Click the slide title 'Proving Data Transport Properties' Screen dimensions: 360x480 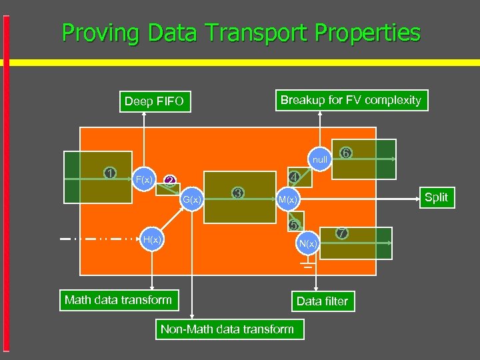pyautogui.click(x=241, y=33)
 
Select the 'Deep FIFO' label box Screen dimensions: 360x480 pyautogui.click(x=154, y=102)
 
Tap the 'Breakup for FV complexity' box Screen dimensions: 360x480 pyautogui.click(x=351, y=100)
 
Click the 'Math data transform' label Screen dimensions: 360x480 pyautogui.click(x=118, y=300)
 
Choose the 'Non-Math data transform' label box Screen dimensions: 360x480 pyautogui.click(x=227, y=329)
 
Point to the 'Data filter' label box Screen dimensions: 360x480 pyautogui.click(x=322, y=301)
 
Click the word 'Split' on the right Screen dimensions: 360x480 pyautogui.click(x=436, y=197)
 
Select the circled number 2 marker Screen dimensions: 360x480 pyautogui.click(x=170, y=180)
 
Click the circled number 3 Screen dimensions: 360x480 pyautogui.click(x=237, y=193)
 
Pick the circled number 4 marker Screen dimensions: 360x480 pyautogui.click(x=293, y=177)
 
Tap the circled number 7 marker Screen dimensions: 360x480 pyautogui.click(x=341, y=233)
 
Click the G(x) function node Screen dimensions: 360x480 pyautogui.click(x=192, y=199)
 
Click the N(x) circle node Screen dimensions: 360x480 pyautogui.click(x=308, y=243)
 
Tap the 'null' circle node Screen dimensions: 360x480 pyautogui.click(x=320, y=159)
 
